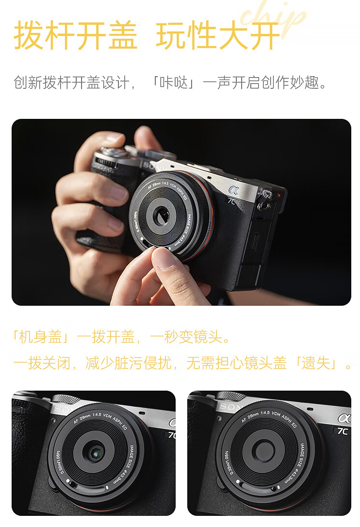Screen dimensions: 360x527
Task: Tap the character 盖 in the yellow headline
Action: pos(123,35)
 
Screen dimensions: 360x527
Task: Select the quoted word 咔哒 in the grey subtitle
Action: pos(174,82)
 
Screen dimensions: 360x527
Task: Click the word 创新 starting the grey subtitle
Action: pos(28,82)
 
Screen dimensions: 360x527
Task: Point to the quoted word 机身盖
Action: pos(41,337)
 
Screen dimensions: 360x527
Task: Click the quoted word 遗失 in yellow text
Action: pos(316,363)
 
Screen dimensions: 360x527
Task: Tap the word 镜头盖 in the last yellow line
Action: pos(265,363)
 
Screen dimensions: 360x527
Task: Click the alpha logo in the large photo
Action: pos(233,190)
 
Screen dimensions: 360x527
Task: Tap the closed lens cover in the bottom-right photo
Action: pos(264,450)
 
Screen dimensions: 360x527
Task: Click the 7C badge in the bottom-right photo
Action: pos(343,431)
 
